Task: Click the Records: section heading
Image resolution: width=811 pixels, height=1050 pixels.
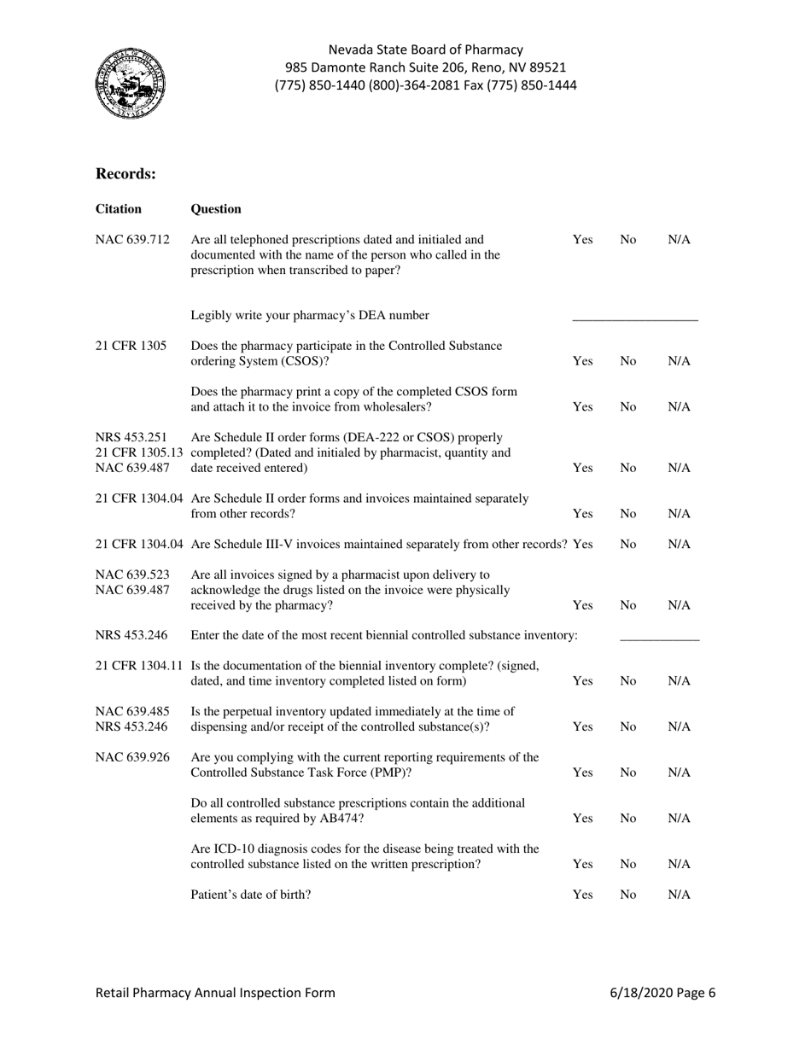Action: [x=125, y=174]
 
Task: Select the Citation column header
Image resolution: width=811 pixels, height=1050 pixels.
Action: [x=119, y=209]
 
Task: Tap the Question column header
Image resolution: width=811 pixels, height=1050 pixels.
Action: [x=217, y=209]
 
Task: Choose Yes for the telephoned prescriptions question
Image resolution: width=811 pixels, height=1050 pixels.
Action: [x=582, y=241]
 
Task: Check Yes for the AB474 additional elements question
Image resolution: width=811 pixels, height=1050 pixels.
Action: [x=582, y=819]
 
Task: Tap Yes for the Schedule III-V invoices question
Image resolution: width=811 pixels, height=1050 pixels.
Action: [x=584, y=545]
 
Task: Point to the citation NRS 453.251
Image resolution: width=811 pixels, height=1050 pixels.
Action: [x=131, y=439]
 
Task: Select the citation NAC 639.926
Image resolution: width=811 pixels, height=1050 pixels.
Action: [x=131, y=757]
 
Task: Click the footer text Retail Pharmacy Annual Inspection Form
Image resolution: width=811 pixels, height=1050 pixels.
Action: [x=215, y=993]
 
